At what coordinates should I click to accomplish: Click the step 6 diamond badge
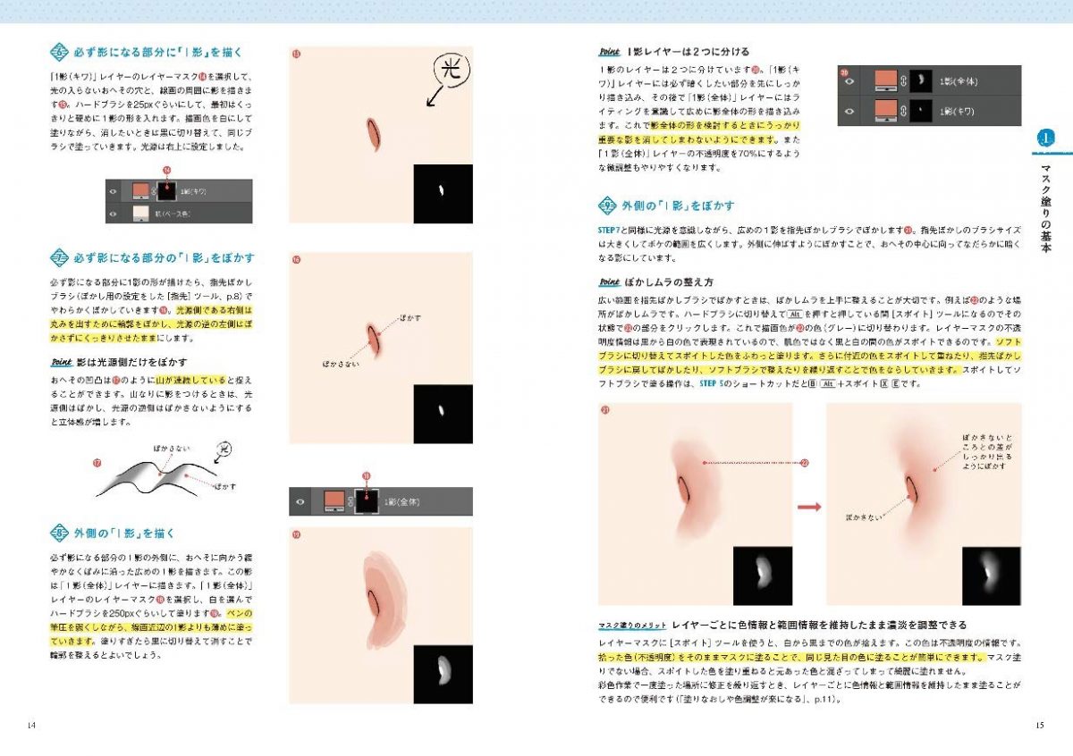pos(59,52)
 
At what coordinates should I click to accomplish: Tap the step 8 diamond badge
pos(59,533)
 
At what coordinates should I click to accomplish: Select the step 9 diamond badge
pos(608,205)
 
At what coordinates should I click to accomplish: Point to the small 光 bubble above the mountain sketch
pos(224,447)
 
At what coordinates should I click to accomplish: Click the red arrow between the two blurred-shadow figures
pos(809,507)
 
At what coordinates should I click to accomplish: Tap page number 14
pos(32,724)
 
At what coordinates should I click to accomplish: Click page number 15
pos(1039,724)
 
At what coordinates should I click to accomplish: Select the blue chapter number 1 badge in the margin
pos(1046,139)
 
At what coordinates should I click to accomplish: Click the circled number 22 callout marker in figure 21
pos(804,463)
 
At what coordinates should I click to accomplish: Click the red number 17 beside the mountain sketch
pos(97,462)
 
